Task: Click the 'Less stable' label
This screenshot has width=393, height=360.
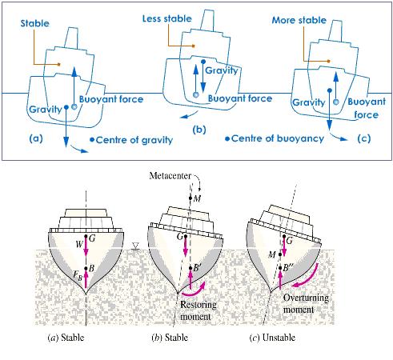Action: pos(167,18)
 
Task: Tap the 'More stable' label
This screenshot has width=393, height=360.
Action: pos(299,20)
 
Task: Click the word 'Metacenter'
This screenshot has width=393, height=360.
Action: pos(170,176)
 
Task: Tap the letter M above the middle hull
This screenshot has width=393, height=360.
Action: pos(197,198)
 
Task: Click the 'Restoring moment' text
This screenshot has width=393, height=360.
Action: pos(198,310)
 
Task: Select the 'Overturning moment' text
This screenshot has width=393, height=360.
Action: pos(306,303)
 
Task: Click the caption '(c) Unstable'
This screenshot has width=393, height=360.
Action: pos(272,338)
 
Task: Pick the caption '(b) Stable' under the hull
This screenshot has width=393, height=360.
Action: pos(170,338)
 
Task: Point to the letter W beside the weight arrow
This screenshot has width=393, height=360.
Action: pos(79,244)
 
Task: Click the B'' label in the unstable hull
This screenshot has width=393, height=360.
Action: pos(288,267)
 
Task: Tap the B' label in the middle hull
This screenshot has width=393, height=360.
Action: pos(197,267)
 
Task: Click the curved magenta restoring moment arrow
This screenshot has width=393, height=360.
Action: pos(194,291)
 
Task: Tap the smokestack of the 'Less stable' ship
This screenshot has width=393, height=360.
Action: pos(207,21)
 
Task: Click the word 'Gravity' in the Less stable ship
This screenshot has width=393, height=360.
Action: pos(221,70)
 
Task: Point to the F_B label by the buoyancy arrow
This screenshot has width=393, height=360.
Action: pos(78,275)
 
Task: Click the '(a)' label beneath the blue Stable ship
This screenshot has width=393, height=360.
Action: pos(36,138)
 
